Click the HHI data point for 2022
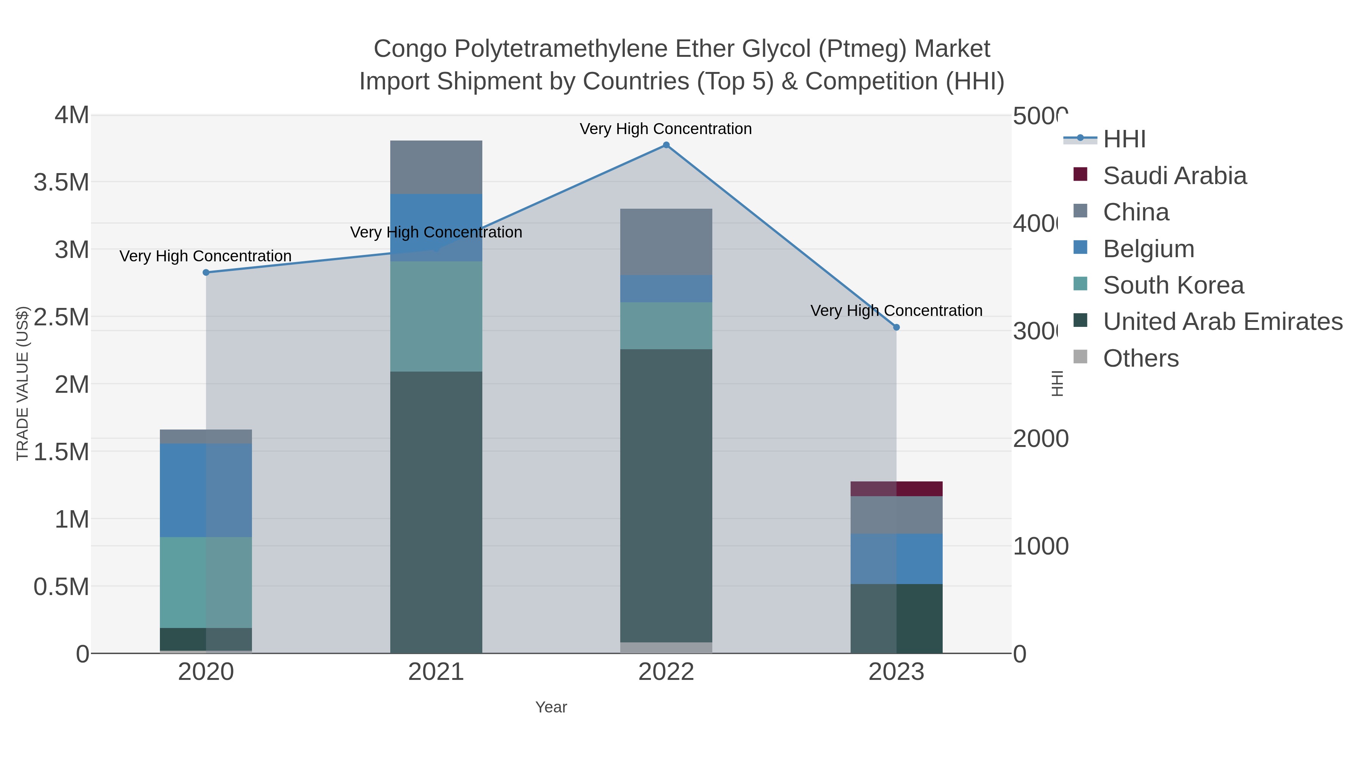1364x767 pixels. pyautogui.click(x=666, y=145)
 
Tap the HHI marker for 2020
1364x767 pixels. pyautogui.click(x=206, y=273)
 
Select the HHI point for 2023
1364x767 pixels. pyautogui.click(x=896, y=328)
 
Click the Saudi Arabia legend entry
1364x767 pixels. pyautogui.click(x=1175, y=176)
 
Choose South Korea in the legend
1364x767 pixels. pyautogui.click(x=1173, y=285)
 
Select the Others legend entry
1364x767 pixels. pyautogui.click(x=1140, y=358)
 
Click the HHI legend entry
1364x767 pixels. pyautogui.click(x=1124, y=139)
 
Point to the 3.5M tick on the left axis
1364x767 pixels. pyautogui.click(x=61, y=183)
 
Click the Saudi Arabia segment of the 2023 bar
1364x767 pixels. pyautogui.click(x=896, y=489)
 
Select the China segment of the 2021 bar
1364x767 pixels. pyautogui.click(x=436, y=167)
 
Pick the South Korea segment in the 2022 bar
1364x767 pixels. pyautogui.click(x=666, y=325)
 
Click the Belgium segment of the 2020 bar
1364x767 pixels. pyautogui.click(x=206, y=490)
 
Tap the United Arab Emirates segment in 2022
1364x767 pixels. pyautogui.click(x=666, y=495)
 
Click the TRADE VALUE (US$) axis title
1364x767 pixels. pyautogui.click(x=22, y=383)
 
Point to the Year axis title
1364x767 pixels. pyautogui.click(x=551, y=707)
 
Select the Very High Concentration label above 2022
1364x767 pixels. pyautogui.click(x=666, y=129)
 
